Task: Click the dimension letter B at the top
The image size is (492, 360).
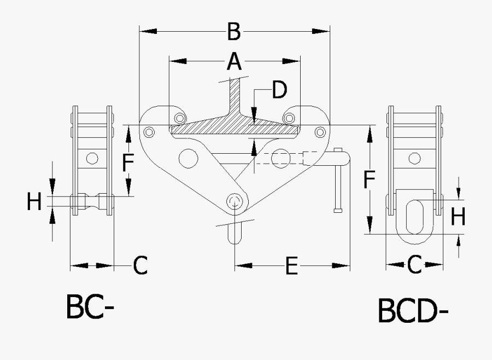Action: [234, 32]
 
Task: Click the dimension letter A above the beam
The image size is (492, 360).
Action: [234, 61]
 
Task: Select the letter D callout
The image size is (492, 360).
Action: [279, 90]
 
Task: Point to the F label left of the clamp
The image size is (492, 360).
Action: [127, 162]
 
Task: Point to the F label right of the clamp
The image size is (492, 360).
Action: [370, 179]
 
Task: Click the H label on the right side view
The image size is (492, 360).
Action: [458, 217]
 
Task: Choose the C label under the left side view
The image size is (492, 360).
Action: [140, 266]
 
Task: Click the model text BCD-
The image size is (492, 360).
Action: [413, 311]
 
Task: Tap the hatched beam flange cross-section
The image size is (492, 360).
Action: [235, 129]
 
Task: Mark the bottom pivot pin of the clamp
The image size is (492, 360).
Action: [235, 200]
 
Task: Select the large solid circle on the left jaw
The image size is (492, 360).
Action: [188, 159]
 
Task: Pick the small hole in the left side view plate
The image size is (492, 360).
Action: [92, 158]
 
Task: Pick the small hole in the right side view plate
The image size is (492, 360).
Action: [415, 159]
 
